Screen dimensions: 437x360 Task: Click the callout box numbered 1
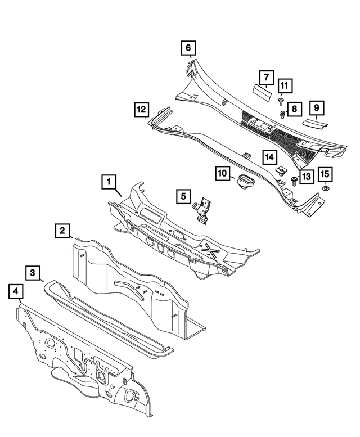(x=109, y=182)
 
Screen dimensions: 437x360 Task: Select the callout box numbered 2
(x=62, y=230)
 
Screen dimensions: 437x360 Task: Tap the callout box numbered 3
(x=34, y=273)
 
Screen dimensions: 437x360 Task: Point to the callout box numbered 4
(x=16, y=292)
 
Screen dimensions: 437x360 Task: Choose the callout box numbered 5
(x=183, y=196)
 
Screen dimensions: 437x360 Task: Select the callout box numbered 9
(x=316, y=107)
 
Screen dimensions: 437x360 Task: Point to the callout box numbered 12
(x=141, y=109)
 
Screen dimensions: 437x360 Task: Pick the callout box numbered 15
(x=325, y=174)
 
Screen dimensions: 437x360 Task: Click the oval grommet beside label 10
(x=245, y=182)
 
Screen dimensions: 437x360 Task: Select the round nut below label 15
(x=325, y=190)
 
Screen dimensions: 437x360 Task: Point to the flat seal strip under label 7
(x=262, y=88)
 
